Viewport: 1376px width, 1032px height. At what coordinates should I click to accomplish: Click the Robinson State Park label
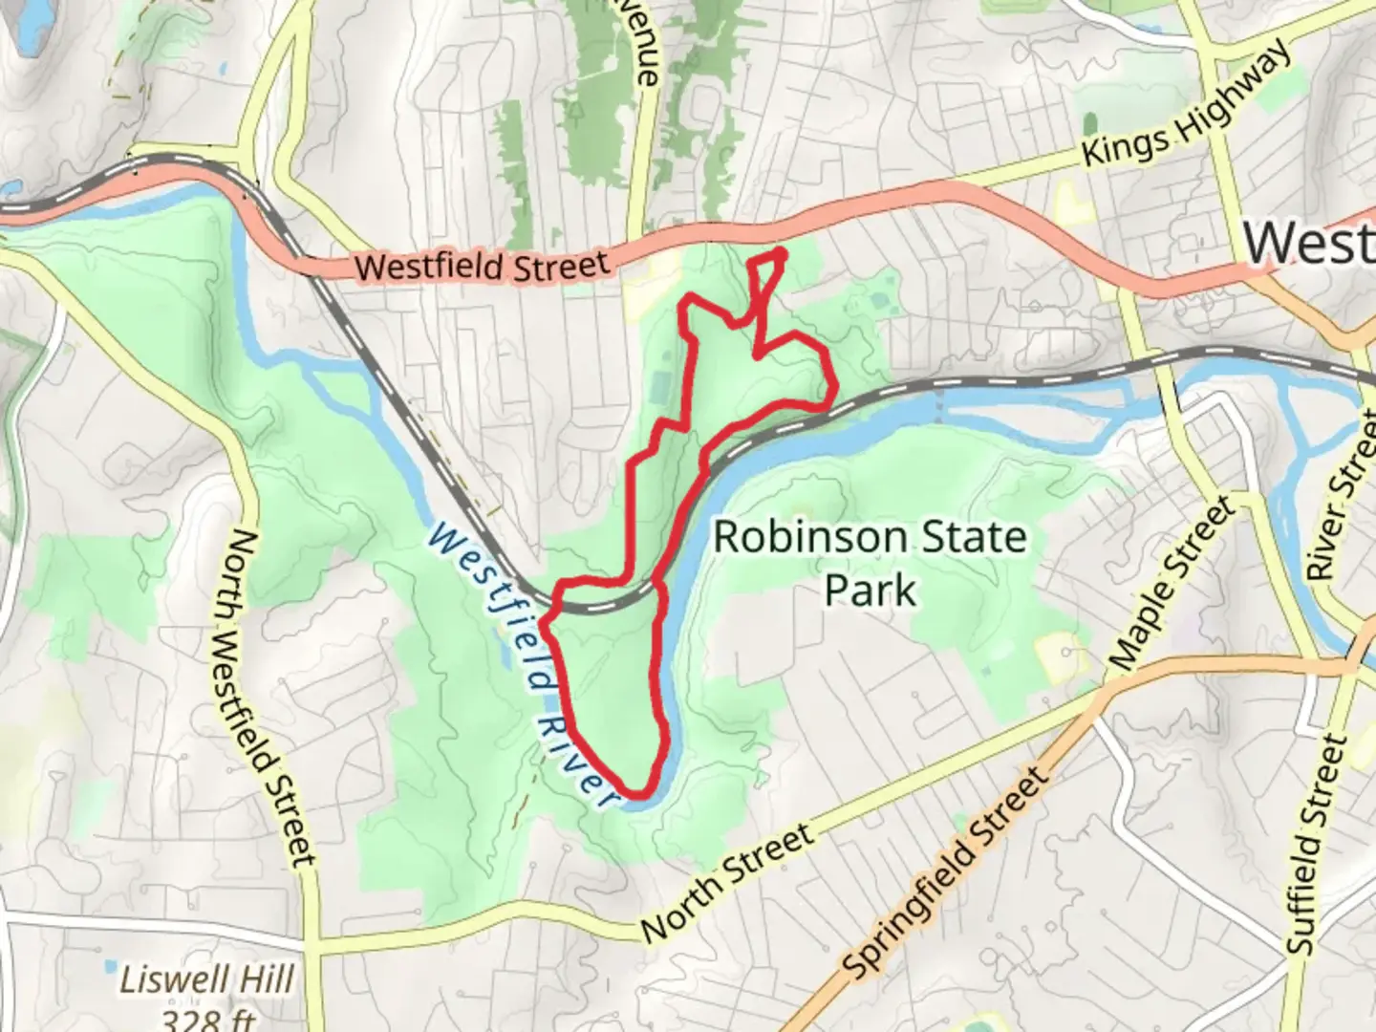[870, 564]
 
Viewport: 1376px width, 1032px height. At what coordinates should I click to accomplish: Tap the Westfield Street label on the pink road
[482, 266]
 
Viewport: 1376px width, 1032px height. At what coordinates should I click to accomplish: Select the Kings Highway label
[1185, 106]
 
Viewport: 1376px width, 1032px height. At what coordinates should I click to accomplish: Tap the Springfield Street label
[946, 875]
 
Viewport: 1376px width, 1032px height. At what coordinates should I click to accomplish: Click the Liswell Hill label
[206, 980]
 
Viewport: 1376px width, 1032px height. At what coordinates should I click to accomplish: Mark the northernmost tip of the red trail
[781, 253]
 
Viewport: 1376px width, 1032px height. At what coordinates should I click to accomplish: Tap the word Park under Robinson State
[870, 590]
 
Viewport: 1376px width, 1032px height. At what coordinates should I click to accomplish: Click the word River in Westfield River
[573, 755]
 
